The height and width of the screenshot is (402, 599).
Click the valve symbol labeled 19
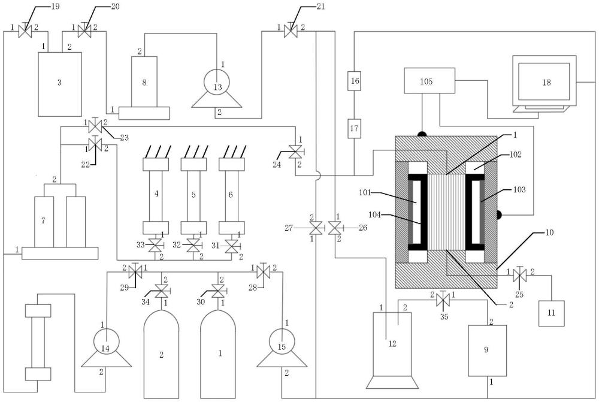click(25, 31)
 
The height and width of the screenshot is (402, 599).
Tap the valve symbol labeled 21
click(291, 31)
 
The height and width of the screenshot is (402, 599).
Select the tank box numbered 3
click(60, 84)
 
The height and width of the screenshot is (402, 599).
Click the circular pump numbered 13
click(217, 81)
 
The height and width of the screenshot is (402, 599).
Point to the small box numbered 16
click(354, 81)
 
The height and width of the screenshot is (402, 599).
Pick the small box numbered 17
click(354, 128)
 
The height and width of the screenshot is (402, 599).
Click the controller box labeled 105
click(429, 81)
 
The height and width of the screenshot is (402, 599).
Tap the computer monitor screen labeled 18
click(544, 81)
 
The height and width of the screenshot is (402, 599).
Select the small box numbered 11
click(551, 313)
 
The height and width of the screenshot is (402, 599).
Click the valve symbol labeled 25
click(519, 274)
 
